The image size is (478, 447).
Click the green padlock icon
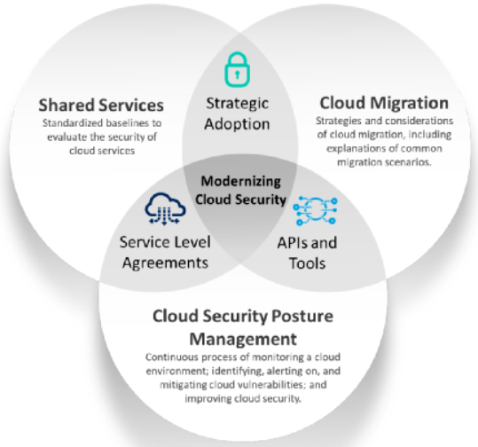pos(237,69)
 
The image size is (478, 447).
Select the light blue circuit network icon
pos(315,211)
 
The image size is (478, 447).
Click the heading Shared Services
pos(101,105)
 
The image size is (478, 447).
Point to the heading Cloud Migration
pos(384,103)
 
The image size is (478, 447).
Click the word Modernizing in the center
pos(241,181)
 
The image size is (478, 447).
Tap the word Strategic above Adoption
pos(237,104)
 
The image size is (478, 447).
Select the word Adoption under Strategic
pos(237,124)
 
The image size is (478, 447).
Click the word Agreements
pos(165,263)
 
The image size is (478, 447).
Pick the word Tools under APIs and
pos(307,263)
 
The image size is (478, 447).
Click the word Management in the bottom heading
pos(243,339)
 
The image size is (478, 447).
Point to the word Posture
pos(302,316)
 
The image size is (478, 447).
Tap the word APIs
pos(293,243)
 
